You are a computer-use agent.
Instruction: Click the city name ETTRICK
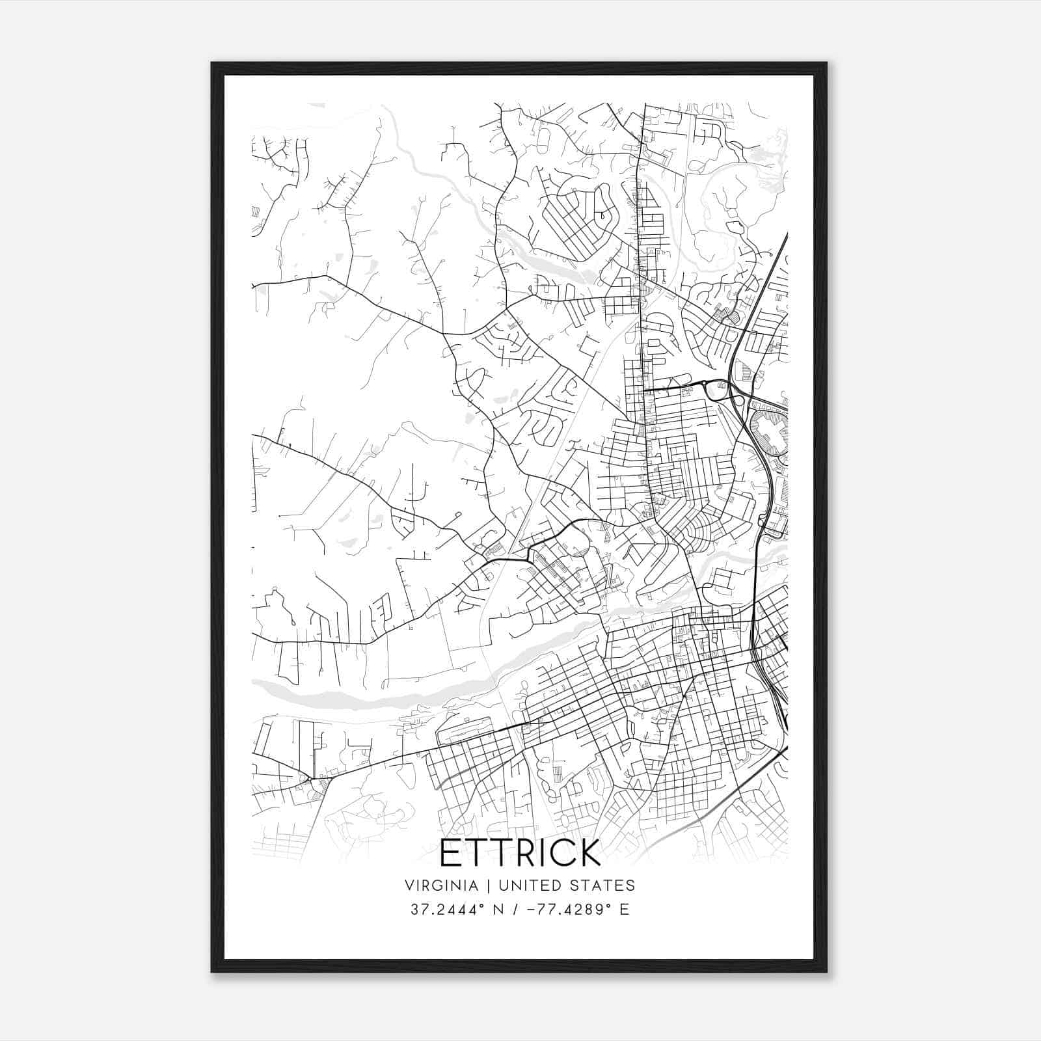520,853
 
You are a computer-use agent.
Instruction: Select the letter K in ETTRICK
588,853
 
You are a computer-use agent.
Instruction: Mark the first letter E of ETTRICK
451,853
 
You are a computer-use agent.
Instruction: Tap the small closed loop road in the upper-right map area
736,228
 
